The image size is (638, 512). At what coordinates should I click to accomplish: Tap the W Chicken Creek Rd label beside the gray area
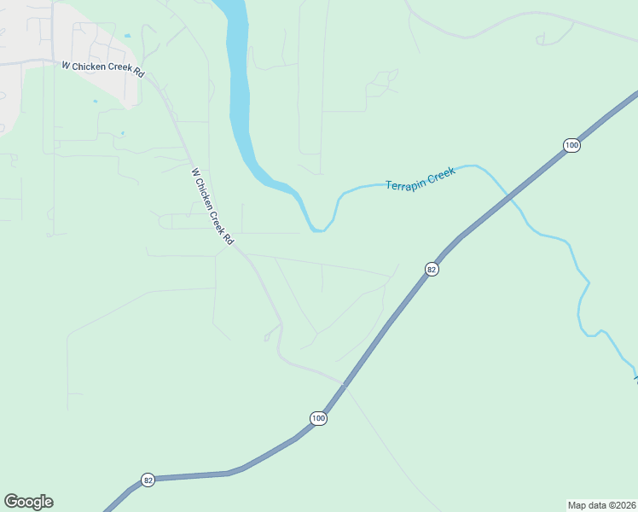tap(102, 67)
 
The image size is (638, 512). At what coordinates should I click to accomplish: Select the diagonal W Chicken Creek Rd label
tap(212, 207)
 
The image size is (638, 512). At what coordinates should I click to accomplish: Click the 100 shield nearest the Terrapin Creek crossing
tap(571, 146)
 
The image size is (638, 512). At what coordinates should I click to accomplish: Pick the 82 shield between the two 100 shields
tap(432, 270)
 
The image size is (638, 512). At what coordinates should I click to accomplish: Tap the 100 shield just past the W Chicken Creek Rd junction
tap(318, 418)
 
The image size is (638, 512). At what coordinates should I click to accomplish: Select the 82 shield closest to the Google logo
tap(148, 480)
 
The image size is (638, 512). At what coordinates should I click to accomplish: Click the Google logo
tap(28, 502)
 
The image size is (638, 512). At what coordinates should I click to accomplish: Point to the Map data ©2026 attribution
tap(601, 504)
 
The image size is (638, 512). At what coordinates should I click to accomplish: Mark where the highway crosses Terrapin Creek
tap(510, 198)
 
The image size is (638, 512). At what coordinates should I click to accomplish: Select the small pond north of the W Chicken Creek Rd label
tap(127, 36)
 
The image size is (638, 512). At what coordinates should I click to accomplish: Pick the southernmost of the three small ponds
tap(122, 133)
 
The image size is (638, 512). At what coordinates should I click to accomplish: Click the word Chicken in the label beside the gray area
tap(96, 67)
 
